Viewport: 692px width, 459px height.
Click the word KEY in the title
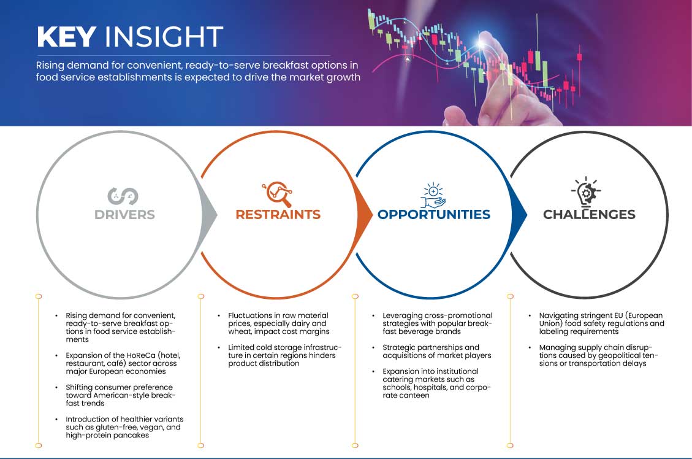(66, 37)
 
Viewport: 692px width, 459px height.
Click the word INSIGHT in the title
(164, 37)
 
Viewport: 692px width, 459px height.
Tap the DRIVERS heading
(124, 215)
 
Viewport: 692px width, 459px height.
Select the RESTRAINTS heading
(278, 215)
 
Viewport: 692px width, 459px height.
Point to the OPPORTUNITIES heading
(433, 215)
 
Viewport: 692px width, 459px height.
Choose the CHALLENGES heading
(589, 215)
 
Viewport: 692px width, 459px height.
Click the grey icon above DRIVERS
(123, 196)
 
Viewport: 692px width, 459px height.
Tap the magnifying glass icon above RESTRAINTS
(277, 194)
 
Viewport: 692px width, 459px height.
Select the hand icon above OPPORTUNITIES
(433, 195)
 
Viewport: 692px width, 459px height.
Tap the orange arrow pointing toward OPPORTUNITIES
(367, 214)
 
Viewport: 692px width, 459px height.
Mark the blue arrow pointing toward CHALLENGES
(521, 214)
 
